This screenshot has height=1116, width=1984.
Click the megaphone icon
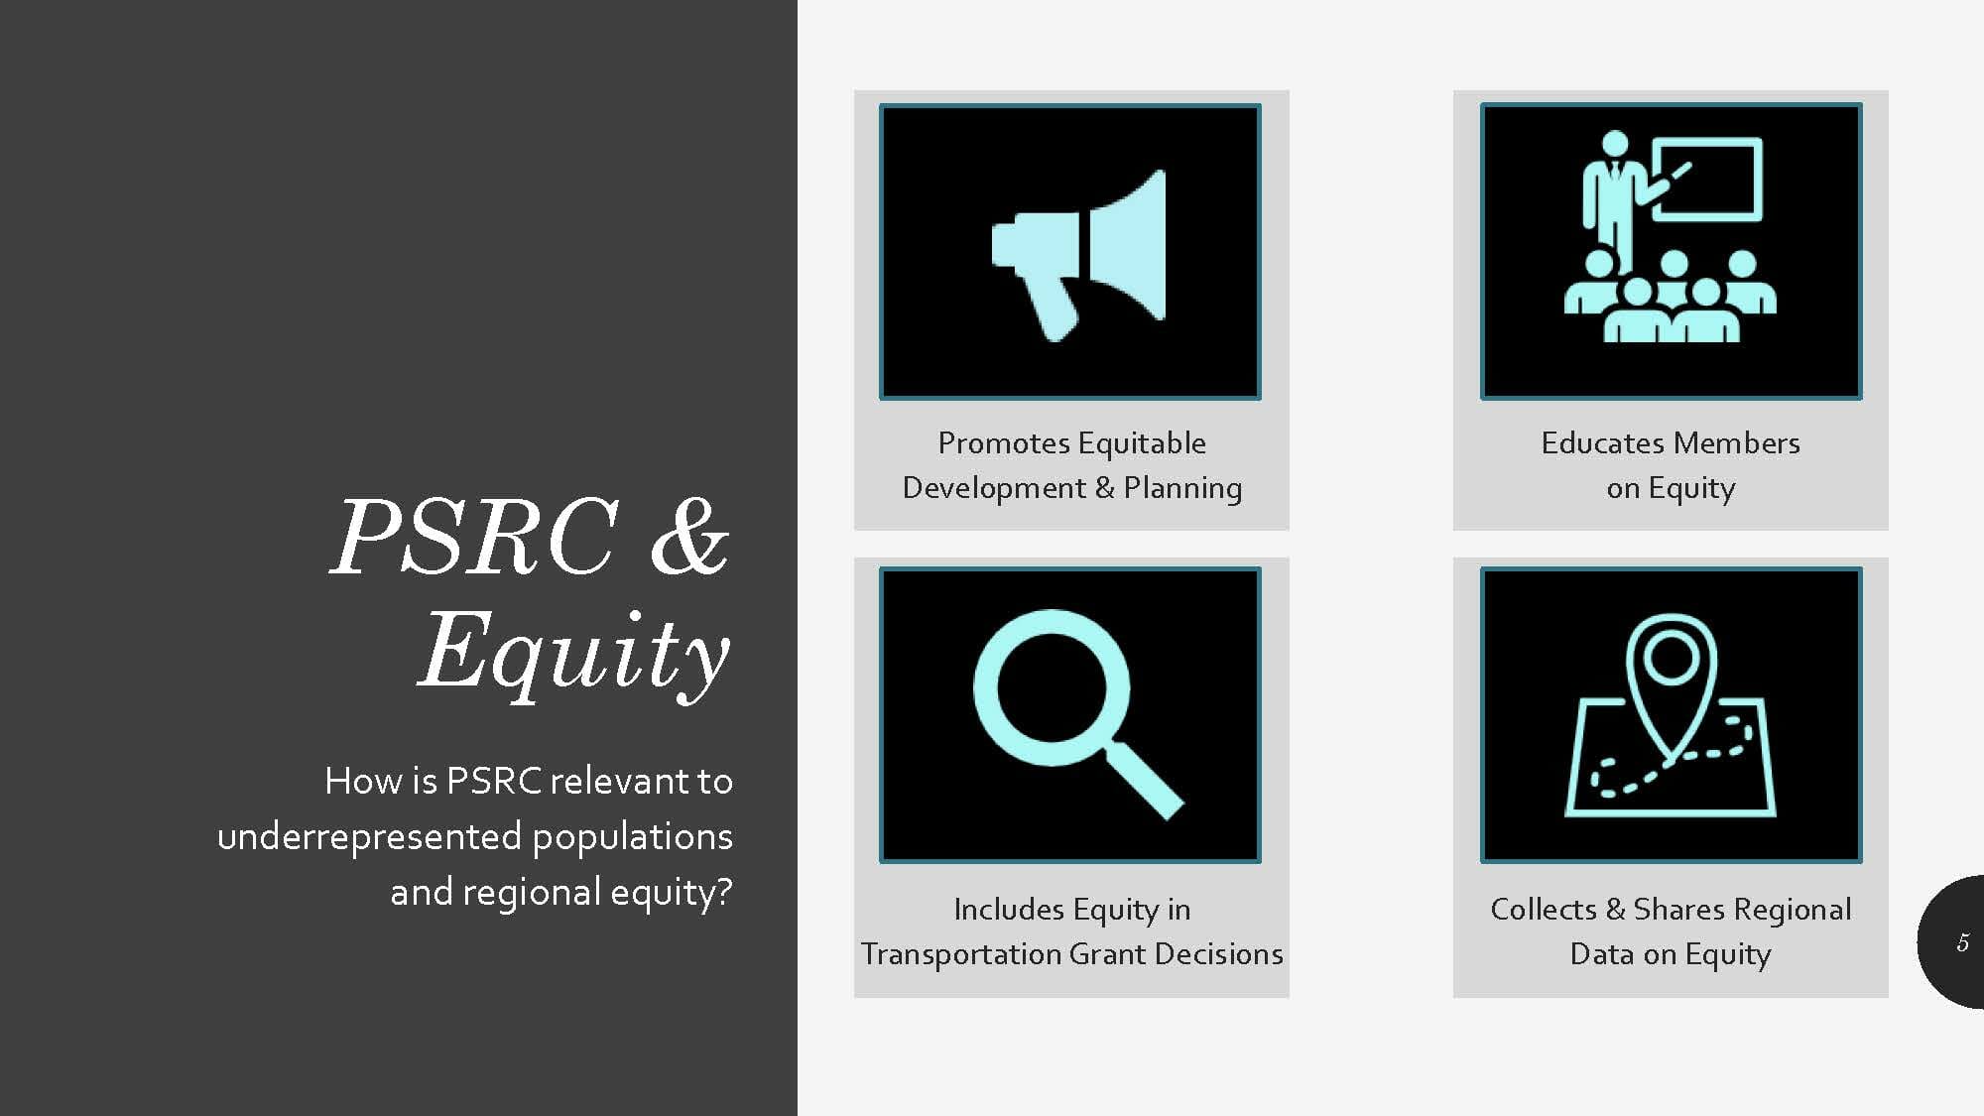coord(1079,254)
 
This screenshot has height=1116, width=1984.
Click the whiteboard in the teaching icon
coord(1707,180)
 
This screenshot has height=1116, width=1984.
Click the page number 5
coord(1962,942)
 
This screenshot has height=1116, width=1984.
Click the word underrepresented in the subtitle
coord(369,836)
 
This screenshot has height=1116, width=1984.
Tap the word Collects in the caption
coord(1544,909)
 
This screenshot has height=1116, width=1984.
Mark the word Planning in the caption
coord(1182,488)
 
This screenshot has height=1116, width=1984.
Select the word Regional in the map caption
coord(1794,910)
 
